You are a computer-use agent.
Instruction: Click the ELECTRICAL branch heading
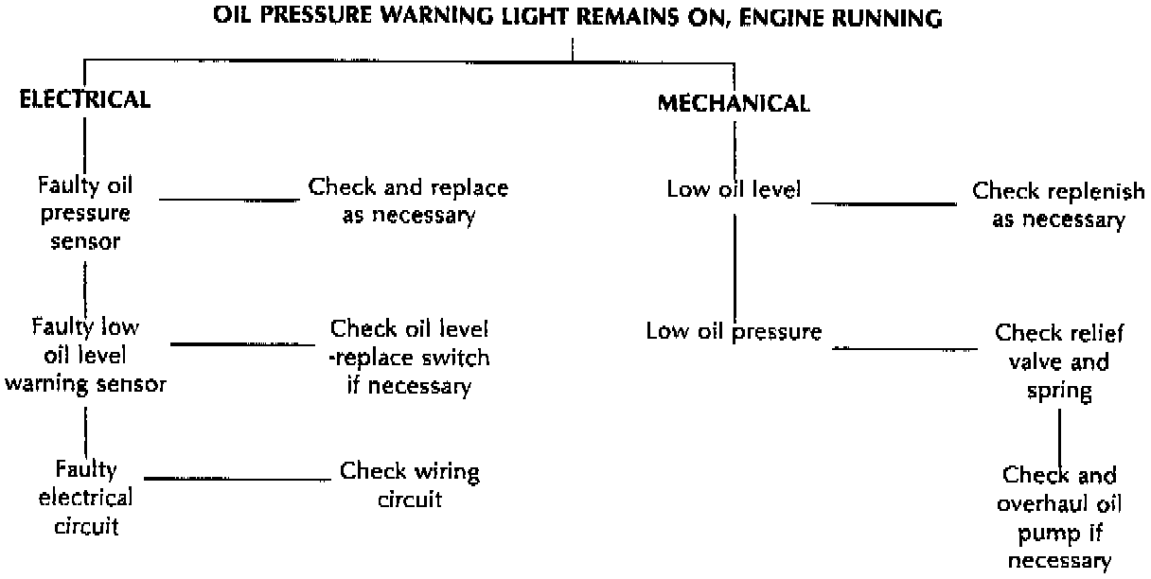(x=86, y=100)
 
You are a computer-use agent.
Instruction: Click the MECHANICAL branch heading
(x=734, y=104)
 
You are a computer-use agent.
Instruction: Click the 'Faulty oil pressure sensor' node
(x=86, y=214)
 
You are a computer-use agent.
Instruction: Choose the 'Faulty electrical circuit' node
(x=86, y=498)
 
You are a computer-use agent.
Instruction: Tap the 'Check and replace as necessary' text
(x=408, y=202)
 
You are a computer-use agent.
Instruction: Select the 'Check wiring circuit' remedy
(x=410, y=484)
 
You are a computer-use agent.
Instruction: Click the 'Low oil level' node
(x=735, y=188)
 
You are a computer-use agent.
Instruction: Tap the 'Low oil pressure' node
(x=734, y=331)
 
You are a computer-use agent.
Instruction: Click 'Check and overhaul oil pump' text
(x=1059, y=518)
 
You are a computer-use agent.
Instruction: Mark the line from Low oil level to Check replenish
(x=884, y=202)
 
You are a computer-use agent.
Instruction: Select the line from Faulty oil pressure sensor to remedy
(x=228, y=200)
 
